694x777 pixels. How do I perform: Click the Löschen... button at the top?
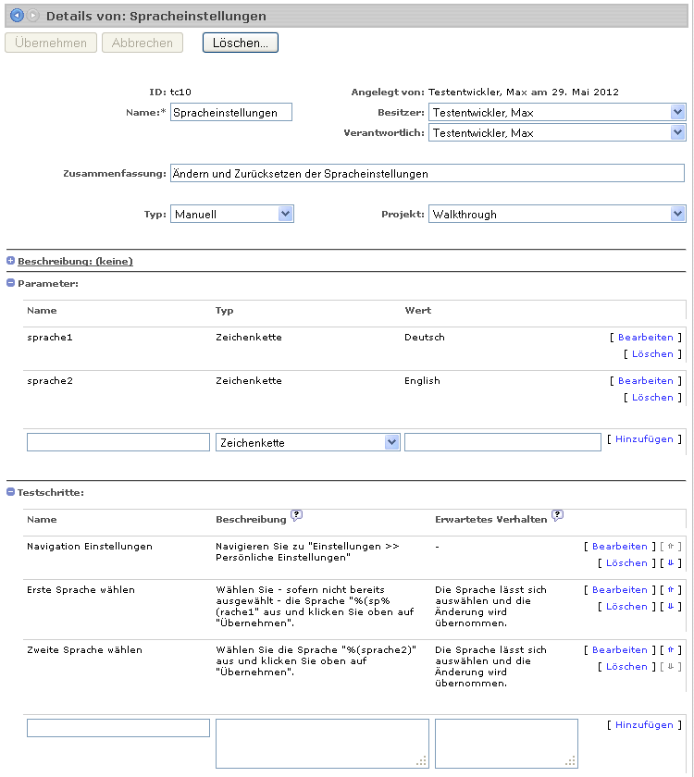[240, 43]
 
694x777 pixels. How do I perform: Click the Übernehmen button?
[51, 43]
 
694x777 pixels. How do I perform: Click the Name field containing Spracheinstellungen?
[230, 113]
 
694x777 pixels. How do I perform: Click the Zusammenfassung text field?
[427, 173]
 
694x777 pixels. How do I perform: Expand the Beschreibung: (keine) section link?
[75, 262]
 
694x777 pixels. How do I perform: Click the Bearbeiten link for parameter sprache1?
[645, 338]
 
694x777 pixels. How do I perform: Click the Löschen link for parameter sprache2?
[652, 398]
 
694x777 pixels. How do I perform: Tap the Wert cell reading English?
[422, 381]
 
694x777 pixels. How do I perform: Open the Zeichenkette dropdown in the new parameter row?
[307, 443]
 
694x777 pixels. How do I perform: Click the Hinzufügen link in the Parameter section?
[644, 439]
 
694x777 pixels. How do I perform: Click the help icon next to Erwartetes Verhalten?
[557, 516]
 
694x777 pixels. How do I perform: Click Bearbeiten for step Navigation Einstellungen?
[619, 547]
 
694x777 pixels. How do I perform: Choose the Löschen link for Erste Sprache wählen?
[626, 607]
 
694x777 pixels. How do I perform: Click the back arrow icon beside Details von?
[16, 16]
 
